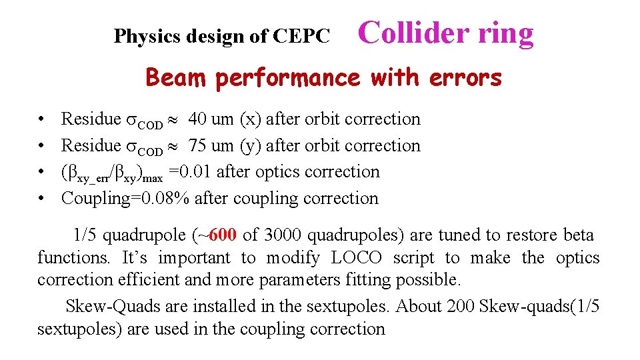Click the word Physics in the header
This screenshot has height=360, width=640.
pyautogui.click(x=143, y=37)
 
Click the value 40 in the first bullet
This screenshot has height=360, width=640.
pyautogui.click(x=197, y=119)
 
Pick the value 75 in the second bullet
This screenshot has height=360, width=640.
pyautogui.click(x=197, y=145)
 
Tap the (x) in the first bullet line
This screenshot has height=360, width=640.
pyautogui.click(x=254, y=119)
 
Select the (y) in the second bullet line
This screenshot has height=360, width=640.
pyautogui.click(x=254, y=146)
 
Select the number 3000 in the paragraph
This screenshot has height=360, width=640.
pyautogui.click(x=283, y=235)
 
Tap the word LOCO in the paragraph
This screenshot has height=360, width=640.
pyautogui.click(x=356, y=258)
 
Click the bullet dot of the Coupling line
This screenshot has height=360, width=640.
pyautogui.click(x=41, y=198)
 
